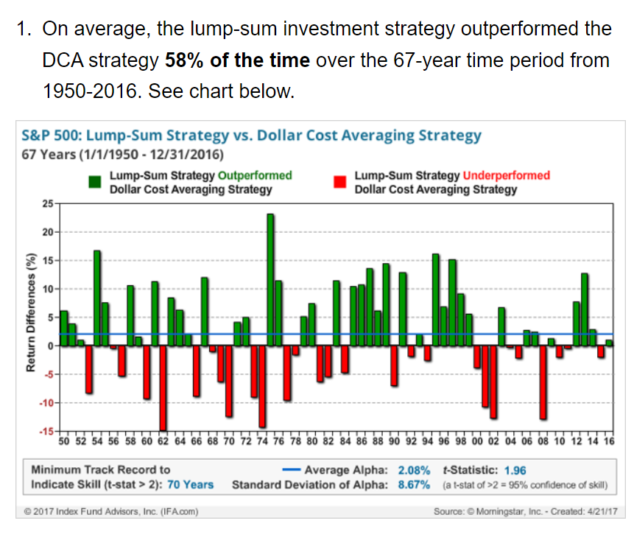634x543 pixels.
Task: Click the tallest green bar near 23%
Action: click(x=270, y=279)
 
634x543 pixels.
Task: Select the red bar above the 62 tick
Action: click(x=163, y=388)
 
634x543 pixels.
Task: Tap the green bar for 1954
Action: click(x=97, y=298)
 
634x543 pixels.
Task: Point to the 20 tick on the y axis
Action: click(x=48, y=232)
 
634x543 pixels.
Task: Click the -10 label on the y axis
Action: click(x=46, y=403)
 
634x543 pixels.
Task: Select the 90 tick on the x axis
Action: click(x=394, y=441)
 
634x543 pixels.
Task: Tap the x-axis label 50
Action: click(x=64, y=441)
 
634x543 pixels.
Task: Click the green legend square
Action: click(x=94, y=182)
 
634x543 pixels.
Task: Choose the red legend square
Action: click(x=340, y=182)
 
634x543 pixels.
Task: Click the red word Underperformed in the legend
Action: click(x=506, y=175)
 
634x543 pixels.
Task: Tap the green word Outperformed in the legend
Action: click(x=255, y=175)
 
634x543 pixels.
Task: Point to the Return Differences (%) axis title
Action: click(x=31, y=312)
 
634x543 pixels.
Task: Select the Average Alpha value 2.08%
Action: click(x=414, y=470)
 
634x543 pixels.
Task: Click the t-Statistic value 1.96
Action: click(x=515, y=470)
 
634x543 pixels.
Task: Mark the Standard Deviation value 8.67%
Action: click(x=414, y=485)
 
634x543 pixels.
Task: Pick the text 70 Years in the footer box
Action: click(x=190, y=485)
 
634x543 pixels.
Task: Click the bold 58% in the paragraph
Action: click(x=184, y=60)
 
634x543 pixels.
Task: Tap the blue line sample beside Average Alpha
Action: click(x=291, y=470)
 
